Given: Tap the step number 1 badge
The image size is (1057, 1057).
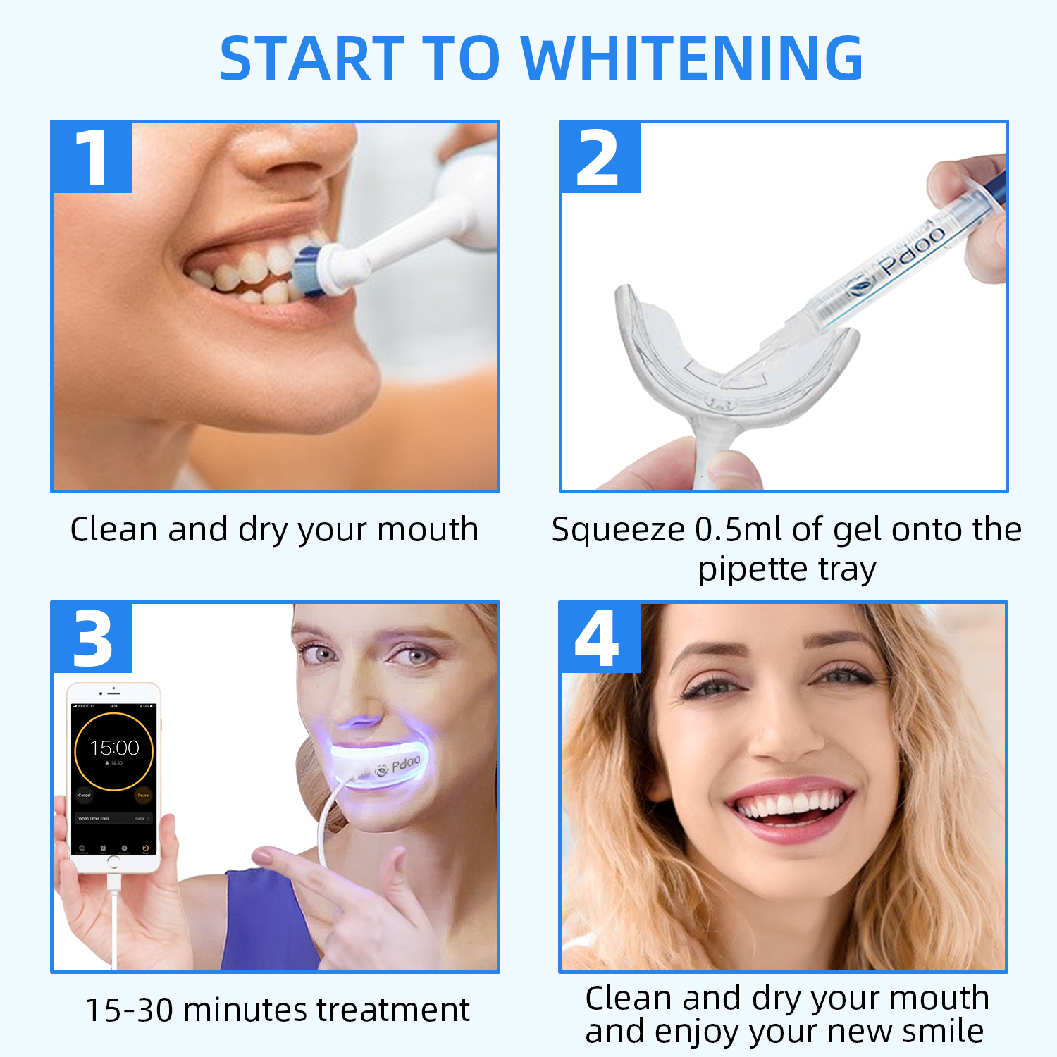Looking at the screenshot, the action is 92,158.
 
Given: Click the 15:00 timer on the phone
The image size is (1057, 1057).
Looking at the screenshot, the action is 114,748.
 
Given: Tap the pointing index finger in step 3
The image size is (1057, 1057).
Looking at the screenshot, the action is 310,867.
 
